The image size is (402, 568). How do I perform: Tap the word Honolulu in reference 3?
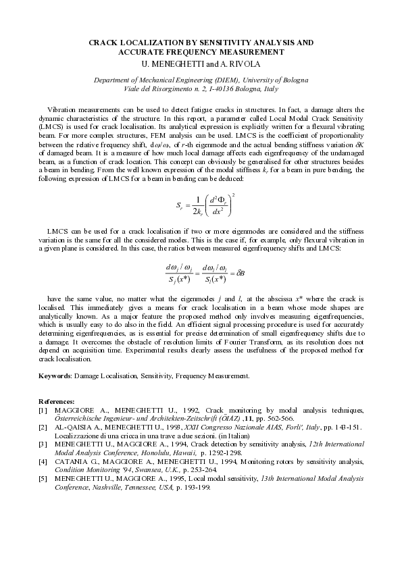(153, 453)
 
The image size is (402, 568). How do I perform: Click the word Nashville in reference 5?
(103, 487)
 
